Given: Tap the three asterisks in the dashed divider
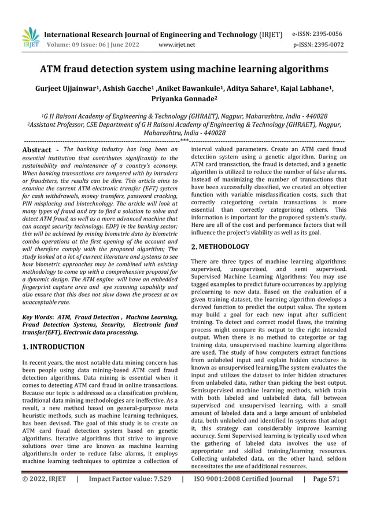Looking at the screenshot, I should coord(184,140).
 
